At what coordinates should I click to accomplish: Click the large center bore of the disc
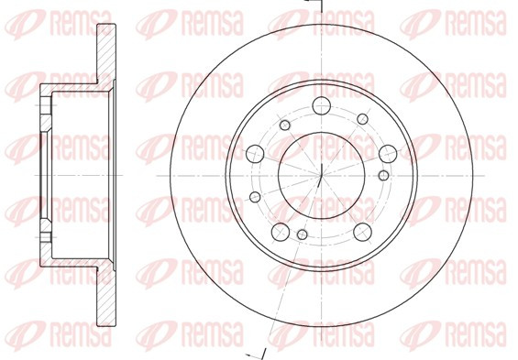tap(322, 176)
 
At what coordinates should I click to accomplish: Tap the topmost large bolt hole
tap(322, 105)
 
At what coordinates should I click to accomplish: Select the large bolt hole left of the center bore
tap(255, 154)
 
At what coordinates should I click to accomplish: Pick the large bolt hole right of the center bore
tap(388, 154)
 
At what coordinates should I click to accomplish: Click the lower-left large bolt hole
tap(281, 232)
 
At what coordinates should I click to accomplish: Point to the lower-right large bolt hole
tap(362, 232)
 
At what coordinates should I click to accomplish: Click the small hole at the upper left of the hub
tap(285, 125)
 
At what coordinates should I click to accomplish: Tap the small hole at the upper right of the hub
tap(362, 119)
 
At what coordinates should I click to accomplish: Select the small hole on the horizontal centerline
tap(383, 175)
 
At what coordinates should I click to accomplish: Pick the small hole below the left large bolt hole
tap(255, 197)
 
